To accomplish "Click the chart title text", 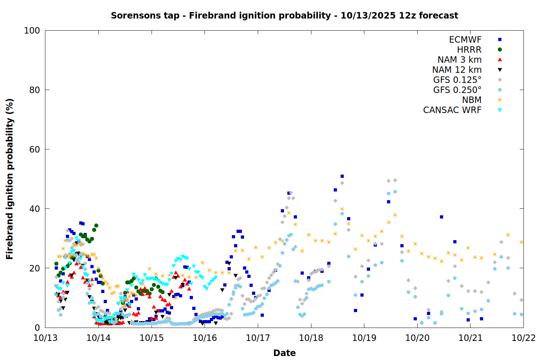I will (x=284, y=15).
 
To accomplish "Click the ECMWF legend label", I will (x=465, y=40).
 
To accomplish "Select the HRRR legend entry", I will (x=469, y=50).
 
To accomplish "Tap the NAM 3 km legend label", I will (x=459, y=60).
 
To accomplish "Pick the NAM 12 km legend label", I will (x=457, y=70).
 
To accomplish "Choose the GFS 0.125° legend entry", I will (x=457, y=80).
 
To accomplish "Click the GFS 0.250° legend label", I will (x=457, y=90).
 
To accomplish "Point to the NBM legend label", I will (x=472, y=100).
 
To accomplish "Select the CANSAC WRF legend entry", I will (x=452, y=110).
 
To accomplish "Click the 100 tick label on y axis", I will (x=32, y=31).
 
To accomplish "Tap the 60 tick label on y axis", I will (x=35, y=149).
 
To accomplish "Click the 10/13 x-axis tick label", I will (x=45, y=338).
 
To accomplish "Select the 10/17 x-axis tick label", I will (x=258, y=338).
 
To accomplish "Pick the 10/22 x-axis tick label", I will (x=523, y=338).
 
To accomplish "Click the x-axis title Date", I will (x=284, y=353).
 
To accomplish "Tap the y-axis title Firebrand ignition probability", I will (x=10, y=179).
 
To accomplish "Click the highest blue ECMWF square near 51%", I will (x=342, y=176).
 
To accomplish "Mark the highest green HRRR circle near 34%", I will (x=96, y=226).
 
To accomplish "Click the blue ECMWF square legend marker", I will (x=500, y=40).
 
